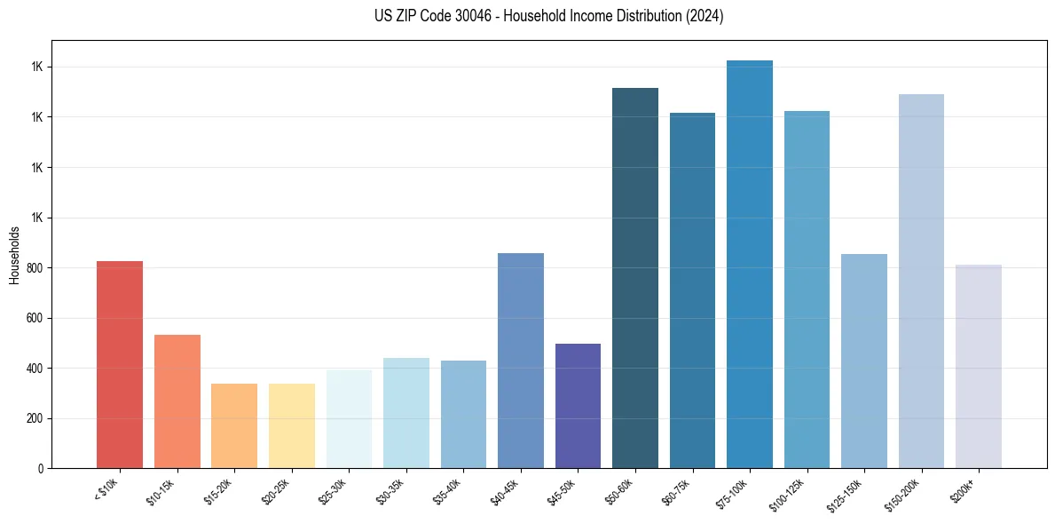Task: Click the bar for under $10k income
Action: point(120,364)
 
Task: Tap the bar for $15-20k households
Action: point(234,425)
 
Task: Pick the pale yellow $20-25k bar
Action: point(292,425)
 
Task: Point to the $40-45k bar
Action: point(521,361)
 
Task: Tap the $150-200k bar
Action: point(921,281)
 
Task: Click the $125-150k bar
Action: point(864,361)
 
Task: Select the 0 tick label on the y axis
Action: point(41,468)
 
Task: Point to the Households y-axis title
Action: point(14,254)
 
